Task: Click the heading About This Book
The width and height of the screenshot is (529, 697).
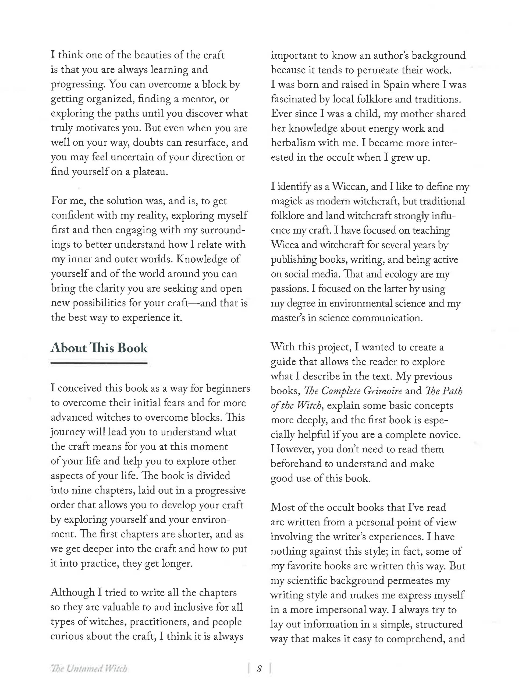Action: [99, 348]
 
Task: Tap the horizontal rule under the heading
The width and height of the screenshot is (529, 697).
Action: [99, 363]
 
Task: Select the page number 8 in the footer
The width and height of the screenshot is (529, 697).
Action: [259, 669]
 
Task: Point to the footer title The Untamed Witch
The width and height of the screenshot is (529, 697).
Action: [89, 669]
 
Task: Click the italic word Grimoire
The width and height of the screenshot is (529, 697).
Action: [383, 391]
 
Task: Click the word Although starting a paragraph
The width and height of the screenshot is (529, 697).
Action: [72, 592]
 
